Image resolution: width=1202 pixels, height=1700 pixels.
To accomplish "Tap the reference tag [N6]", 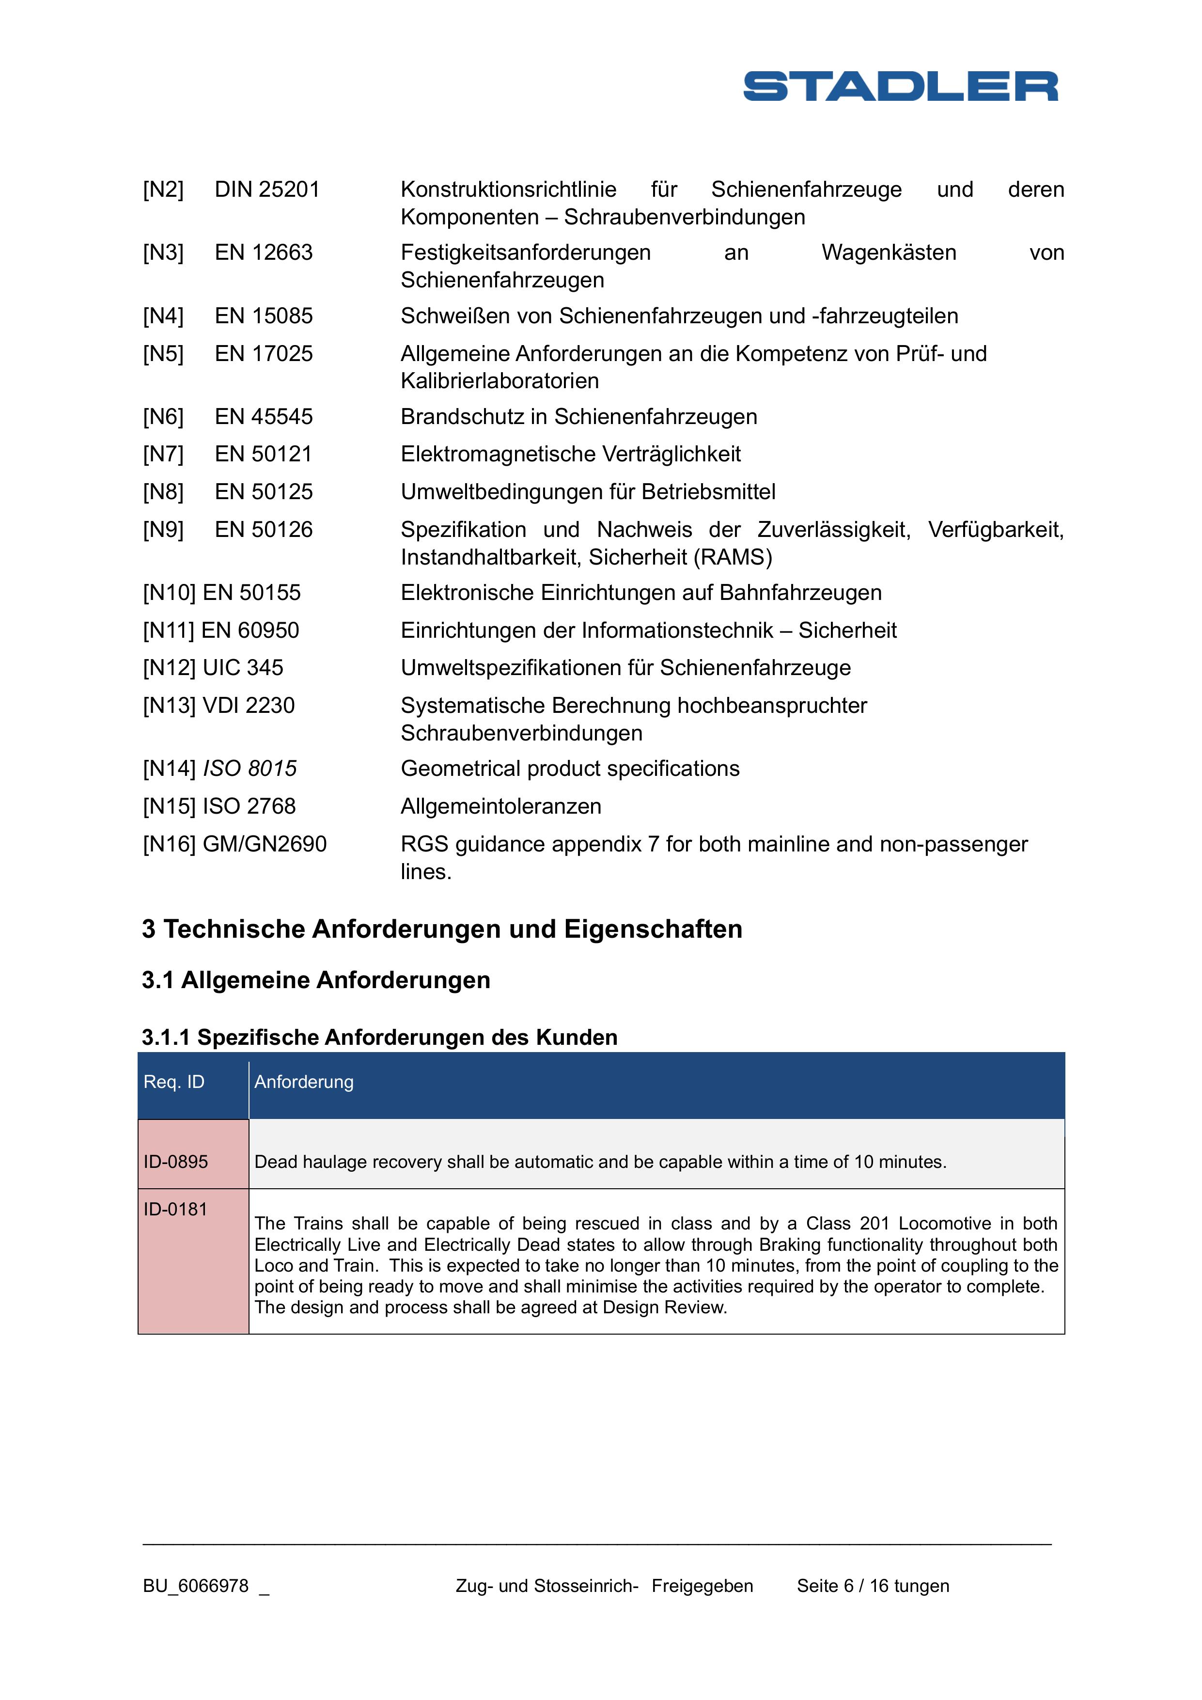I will point(163,417).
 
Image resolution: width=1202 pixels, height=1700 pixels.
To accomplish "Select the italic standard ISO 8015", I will point(250,769).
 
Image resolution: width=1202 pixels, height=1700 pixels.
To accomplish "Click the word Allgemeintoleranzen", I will point(500,806).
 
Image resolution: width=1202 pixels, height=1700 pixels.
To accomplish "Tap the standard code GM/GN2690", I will point(264,844).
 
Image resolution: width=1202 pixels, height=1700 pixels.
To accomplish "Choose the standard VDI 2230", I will point(248,706).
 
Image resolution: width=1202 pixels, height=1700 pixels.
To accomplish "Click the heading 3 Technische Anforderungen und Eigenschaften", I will point(442,929).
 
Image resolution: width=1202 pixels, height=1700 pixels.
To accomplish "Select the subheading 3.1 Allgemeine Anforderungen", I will point(316,980).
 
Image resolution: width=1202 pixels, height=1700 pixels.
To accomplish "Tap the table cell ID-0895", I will point(176,1162).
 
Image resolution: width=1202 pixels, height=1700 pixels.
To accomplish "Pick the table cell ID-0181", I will point(176,1209).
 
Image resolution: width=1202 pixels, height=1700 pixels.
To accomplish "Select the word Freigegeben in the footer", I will point(702,1586).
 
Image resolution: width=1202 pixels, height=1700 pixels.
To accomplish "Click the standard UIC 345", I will point(243,668).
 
